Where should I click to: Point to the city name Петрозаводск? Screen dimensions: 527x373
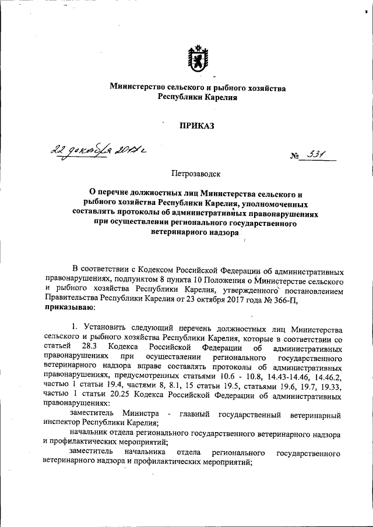[196, 173]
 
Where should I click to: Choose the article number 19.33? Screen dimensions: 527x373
[332, 387]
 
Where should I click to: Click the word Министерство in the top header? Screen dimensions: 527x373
[136, 87]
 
